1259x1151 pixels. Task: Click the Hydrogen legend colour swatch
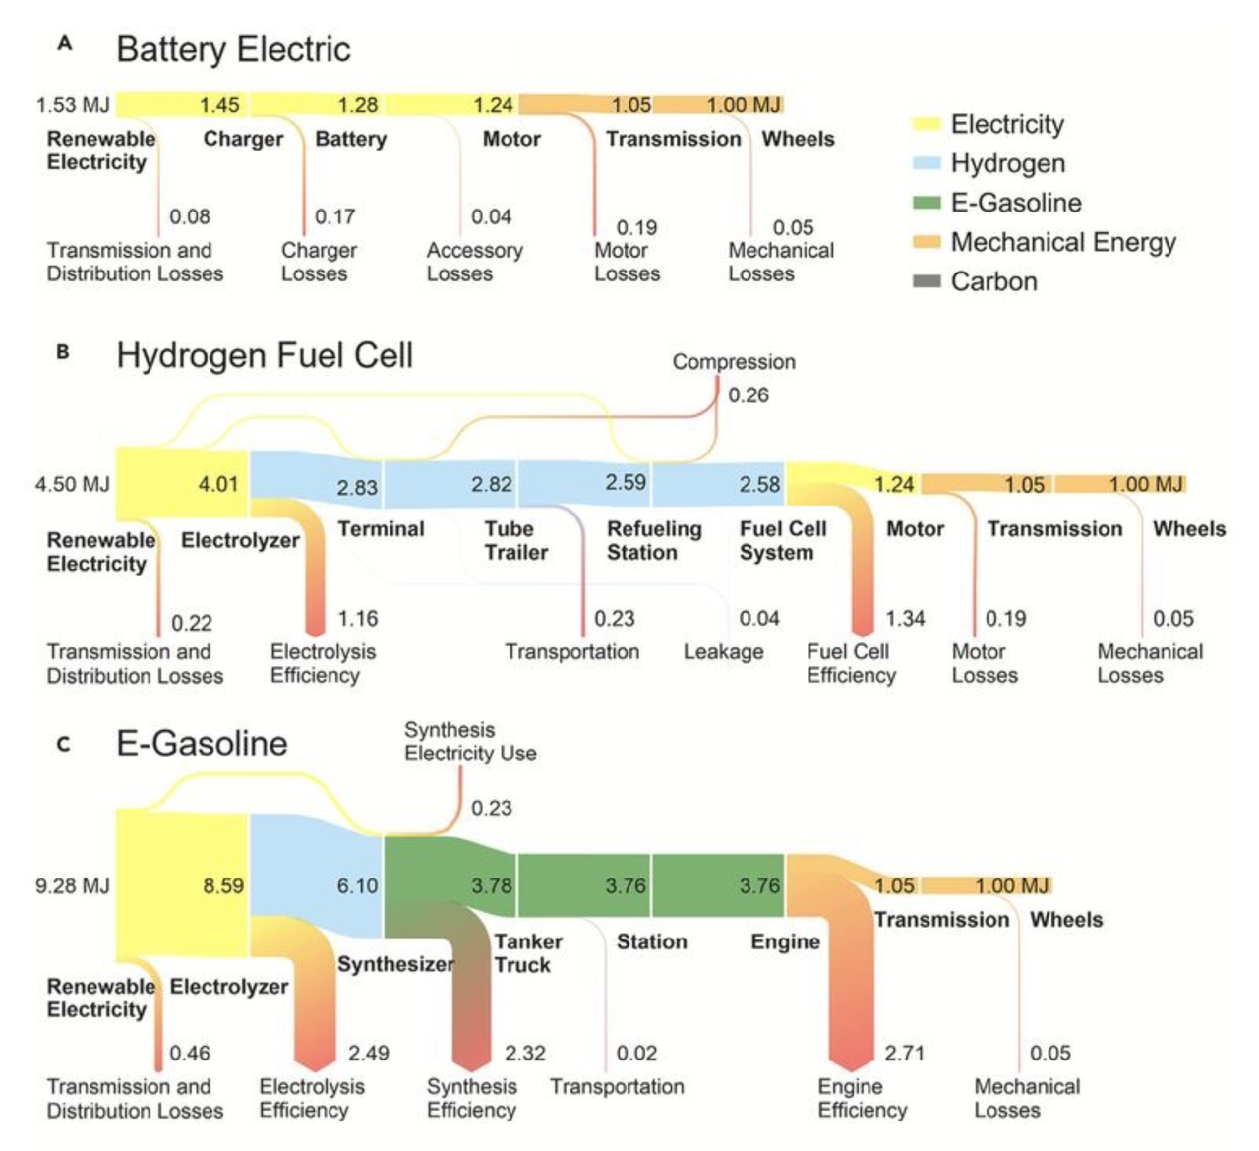[927, 163]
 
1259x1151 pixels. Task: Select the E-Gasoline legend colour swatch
[927, 203]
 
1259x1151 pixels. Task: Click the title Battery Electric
[233, 49]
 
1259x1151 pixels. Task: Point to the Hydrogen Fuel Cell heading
[265, 355]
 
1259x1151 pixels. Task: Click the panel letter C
[63, 744]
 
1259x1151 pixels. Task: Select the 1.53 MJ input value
[73, 105]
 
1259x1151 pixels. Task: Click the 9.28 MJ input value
[73, 886]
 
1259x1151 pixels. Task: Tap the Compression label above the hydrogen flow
[734, 362]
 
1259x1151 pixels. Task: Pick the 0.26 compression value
[749, 394]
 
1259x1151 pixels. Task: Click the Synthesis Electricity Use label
[470, 742]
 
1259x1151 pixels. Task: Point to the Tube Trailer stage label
[516, 541]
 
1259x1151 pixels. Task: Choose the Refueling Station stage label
[654, 541]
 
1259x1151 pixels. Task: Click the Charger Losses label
[319, 262]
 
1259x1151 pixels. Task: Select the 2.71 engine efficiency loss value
[904, 1053]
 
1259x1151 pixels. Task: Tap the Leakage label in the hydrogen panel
[723, 652]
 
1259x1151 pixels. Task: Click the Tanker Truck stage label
[528, 953]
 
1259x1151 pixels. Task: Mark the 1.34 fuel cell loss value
[905, 619]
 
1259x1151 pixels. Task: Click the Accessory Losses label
[474, 262]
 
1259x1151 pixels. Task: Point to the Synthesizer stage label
[396, 964]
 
